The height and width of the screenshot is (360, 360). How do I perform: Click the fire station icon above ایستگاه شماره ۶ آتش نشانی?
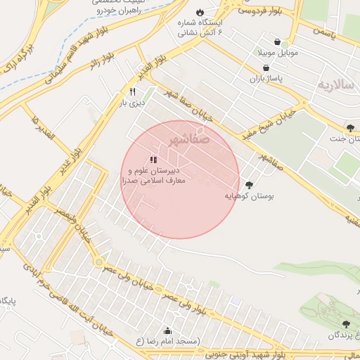point(200,13)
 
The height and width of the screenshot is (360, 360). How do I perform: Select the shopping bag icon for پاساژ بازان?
point(265,68)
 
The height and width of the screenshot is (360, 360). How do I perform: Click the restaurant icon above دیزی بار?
point(131,91)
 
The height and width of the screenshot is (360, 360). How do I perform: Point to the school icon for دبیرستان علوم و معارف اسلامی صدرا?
point(153,160)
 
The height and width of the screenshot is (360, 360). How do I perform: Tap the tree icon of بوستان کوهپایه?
point(248,185)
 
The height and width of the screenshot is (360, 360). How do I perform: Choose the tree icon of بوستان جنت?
point(350,127)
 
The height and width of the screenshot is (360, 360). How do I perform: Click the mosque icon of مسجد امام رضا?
point(167,330)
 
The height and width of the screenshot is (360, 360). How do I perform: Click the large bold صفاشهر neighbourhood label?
point(189,139)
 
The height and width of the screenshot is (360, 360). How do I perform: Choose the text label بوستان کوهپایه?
point(251,198)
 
